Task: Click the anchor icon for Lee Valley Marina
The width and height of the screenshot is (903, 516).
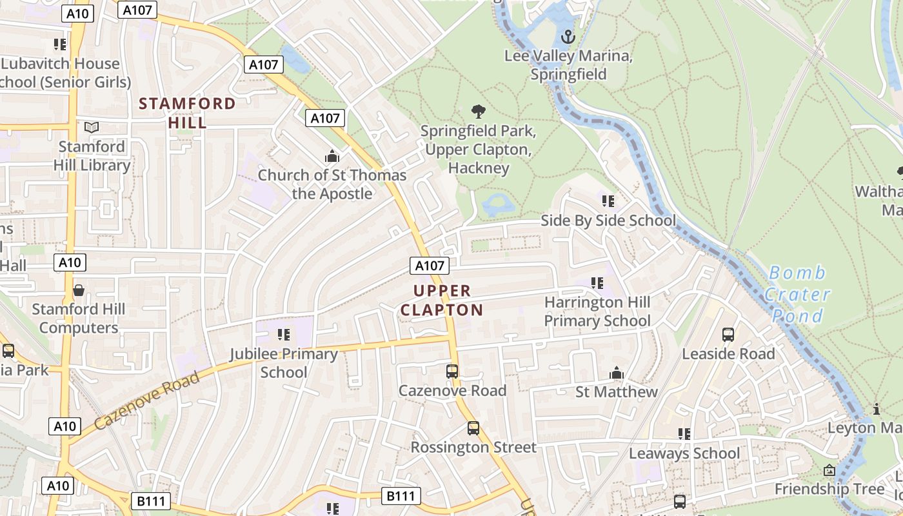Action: click(568, 37)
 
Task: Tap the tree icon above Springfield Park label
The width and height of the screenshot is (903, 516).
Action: click(478, 112)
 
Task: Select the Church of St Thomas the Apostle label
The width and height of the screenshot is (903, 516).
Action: click(332, 184)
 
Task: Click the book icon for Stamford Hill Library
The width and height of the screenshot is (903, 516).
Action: click(92, 128)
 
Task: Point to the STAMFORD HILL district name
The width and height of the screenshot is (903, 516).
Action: click(188, 113)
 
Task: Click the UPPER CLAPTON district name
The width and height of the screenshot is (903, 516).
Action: click(442, 301)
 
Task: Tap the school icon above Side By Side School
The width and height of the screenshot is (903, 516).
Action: click(608, 201)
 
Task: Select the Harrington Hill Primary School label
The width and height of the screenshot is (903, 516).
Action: click(597, 312)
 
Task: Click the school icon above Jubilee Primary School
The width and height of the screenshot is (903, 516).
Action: click(284, 334)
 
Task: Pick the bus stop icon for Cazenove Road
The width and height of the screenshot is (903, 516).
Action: click(452, 372)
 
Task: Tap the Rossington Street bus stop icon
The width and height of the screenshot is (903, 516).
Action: click(473, 428)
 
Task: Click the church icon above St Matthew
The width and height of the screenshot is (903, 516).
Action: click(617, 373)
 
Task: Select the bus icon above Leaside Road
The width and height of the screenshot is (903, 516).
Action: click(728, 335)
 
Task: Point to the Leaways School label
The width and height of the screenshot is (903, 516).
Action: click(684, 453)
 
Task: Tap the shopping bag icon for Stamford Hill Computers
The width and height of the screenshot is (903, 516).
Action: click(79, 290)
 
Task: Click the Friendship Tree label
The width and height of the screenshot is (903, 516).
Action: click(829, 489)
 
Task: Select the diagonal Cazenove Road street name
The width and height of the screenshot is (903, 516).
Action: click(146, 401)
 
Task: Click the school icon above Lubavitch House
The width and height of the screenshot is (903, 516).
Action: click(60, 45)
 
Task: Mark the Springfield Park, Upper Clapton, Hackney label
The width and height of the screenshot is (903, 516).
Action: click(478, 150)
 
